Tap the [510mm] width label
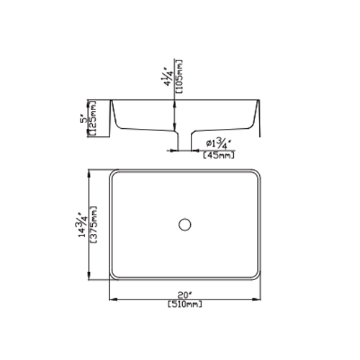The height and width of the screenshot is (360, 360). (x=185, y=305)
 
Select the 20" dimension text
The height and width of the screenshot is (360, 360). (x=185, y=294)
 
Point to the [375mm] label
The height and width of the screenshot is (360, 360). (x=94, y=225)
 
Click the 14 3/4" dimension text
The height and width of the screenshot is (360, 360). (x=82, y=225)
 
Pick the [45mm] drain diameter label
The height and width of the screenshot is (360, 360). (x=219, y=156)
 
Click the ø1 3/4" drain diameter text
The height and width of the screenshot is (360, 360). (x=218, y=144)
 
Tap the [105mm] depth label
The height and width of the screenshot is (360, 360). (x=179, y=76)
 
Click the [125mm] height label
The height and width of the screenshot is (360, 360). (x=93, y=118)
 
